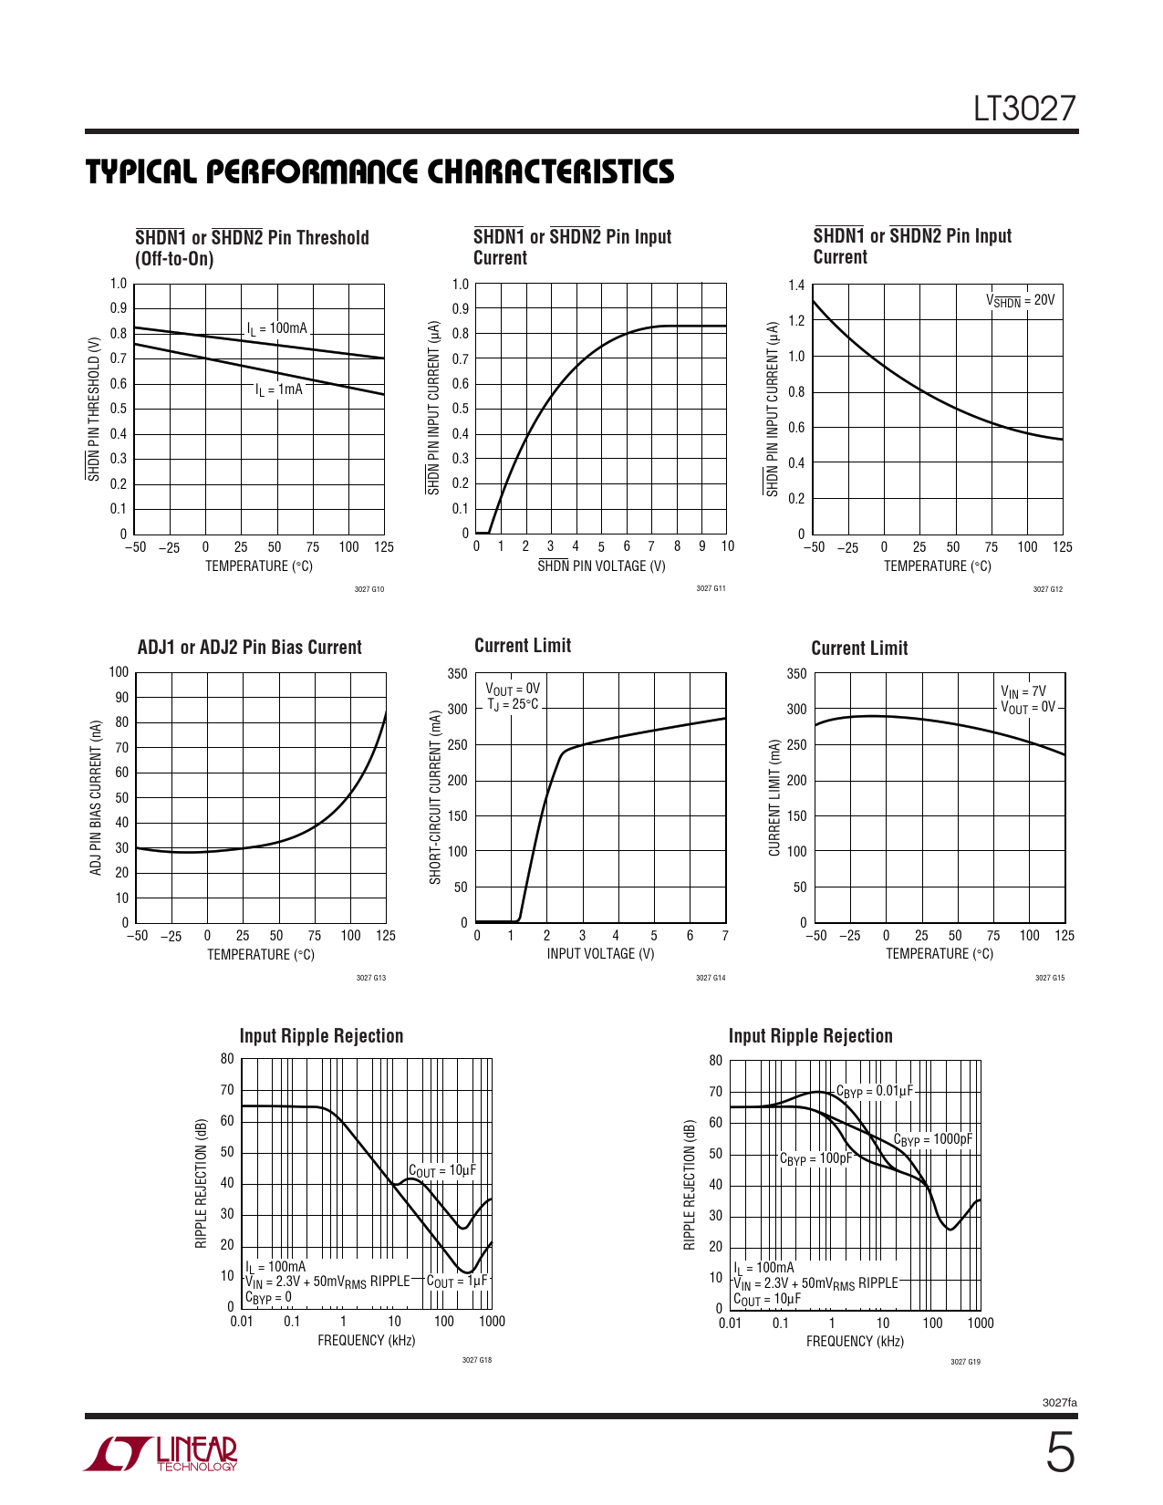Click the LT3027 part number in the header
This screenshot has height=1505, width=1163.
tap(1024, 109)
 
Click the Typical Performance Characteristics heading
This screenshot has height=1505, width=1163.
tap(379, 171)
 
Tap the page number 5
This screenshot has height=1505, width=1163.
tap(1059, 1453)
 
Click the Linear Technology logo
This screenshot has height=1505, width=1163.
tap(161, 1454)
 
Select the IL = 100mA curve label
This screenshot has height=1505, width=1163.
tap(277, 328)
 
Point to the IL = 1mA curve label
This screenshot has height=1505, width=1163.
tap(279, 389)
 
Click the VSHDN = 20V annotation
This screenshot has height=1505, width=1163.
tap(1020, 300)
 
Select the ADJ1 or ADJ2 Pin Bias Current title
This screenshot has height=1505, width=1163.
tap(249, 648)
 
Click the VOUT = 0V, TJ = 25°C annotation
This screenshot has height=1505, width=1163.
tap(512, 697)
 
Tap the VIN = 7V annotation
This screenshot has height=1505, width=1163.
tap(1023, 691)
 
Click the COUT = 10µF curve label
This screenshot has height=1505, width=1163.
tap(442, 1170)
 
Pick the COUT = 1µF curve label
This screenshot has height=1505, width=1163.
tap(458, 1282)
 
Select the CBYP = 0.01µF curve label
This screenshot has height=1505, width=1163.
tap(874, 1091)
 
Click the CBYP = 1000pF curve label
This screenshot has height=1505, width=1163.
tap(932, 1139)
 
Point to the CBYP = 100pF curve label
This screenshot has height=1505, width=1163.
tap(815, 1158)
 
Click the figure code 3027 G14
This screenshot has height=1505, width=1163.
tap(711, 978)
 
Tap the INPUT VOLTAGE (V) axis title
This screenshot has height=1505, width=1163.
tap(600, 954)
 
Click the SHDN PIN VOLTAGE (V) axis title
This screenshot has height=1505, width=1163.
tap(601, 566)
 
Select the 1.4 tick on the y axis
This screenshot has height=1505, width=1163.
tap(796, 285)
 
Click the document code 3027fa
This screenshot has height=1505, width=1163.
tap(1059, 1402)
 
